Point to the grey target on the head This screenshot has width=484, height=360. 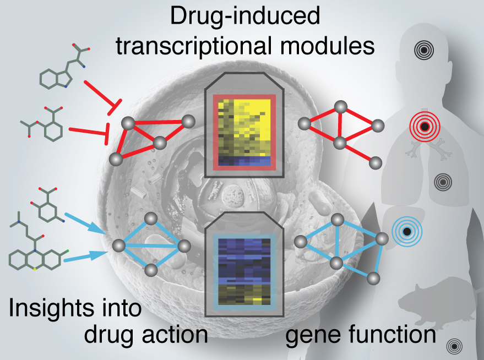[423, 51]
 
